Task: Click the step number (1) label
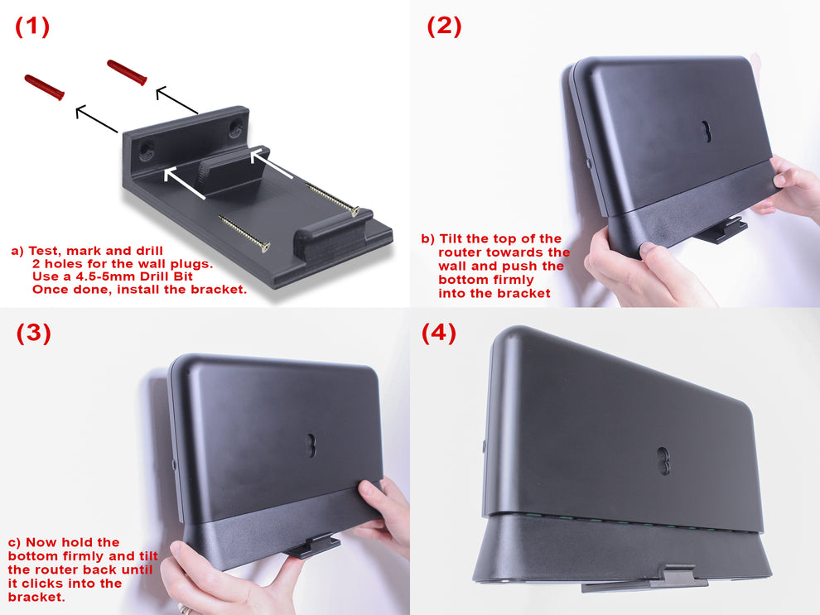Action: click(32, 26)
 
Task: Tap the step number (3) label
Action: click(33, 333)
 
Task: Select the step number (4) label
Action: click(438, 333)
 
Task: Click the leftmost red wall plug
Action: click(44, 86)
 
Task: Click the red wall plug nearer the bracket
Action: click(127, 71)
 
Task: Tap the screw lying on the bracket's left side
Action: click(244, 232)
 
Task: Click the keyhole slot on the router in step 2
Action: click(707, 132)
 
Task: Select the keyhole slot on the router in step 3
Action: click(312, 445)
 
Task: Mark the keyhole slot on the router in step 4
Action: click(663, 461)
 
